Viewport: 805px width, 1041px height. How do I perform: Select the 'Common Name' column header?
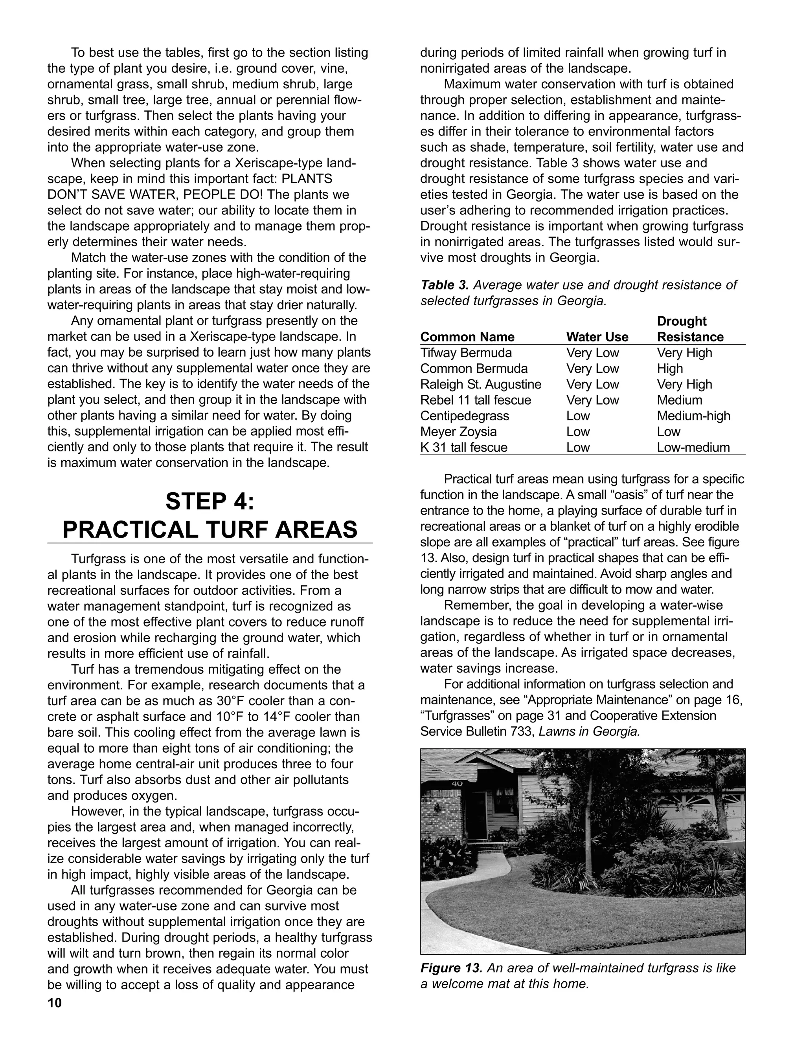(x=467, y=337)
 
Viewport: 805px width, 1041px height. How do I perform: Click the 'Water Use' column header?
(x=597, y=337)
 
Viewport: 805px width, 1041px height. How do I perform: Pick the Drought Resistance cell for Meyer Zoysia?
(x=668, y=431)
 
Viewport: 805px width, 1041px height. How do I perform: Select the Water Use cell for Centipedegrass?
(x=577, y=416)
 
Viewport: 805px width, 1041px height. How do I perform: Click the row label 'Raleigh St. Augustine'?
(x=480, y=384)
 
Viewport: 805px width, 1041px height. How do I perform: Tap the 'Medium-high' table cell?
(x=693, y=416)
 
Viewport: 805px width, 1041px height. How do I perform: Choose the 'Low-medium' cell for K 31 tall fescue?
(x=693, y=447)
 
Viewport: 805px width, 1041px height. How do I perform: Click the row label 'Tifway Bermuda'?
(x=465, y=353)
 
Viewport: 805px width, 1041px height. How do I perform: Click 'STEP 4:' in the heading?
(x=210, y=501)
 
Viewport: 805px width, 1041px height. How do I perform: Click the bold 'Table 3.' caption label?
(x=445, y=285)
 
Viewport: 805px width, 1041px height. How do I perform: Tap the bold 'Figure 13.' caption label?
(x=451, y=968)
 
